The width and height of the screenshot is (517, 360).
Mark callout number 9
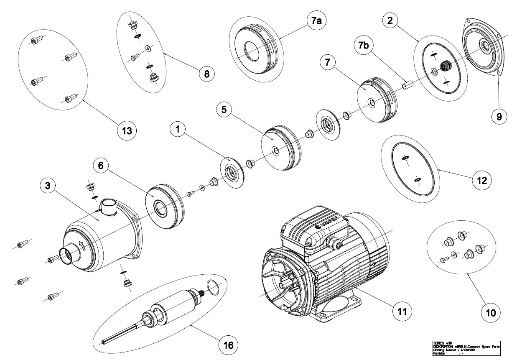pos(499,117)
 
